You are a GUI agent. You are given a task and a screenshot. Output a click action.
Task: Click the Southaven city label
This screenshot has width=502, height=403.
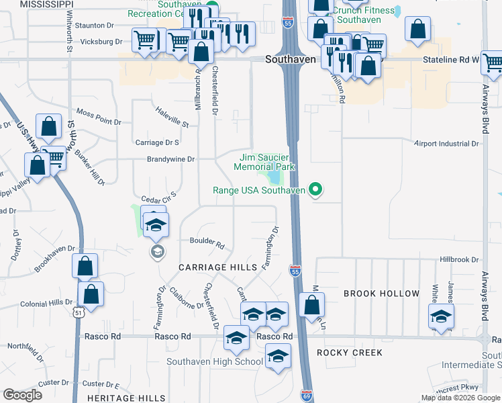[290, 59]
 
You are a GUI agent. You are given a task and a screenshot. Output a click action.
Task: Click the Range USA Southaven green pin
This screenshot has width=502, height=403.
[315, 190]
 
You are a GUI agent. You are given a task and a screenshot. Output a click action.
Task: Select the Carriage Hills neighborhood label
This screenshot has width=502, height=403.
[218, 267]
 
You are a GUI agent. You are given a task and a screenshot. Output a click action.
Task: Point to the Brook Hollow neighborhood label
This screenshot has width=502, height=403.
[381, 294]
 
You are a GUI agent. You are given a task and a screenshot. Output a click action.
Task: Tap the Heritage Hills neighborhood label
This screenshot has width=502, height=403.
[126, 398]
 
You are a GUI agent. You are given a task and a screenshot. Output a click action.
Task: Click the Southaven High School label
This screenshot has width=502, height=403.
[215, 362]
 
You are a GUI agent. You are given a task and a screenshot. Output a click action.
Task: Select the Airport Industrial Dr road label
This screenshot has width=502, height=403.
[447, 144]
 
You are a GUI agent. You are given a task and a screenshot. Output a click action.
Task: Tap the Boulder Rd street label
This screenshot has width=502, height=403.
[207, 242]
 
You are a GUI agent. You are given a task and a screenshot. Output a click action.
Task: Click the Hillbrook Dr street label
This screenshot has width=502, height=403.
[458, 259]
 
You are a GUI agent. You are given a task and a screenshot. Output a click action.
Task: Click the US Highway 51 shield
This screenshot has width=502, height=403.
[79, 313]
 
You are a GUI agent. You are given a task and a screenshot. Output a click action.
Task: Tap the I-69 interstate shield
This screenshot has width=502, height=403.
[306, 396]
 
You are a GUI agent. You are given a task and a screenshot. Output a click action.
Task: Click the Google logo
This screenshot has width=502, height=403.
[22, 395]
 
